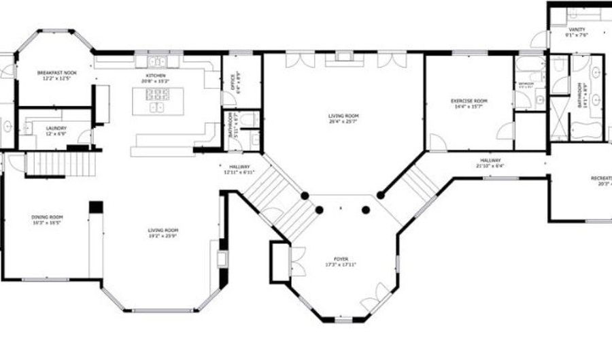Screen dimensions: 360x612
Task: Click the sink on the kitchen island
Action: tap(157, 107)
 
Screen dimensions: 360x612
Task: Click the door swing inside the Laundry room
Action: tap(83, 138)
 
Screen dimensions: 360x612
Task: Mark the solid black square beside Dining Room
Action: tap(95, 207)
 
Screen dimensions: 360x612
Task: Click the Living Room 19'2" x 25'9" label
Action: tap(163, 232)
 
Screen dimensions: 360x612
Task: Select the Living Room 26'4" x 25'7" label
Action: tap(343, 118)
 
